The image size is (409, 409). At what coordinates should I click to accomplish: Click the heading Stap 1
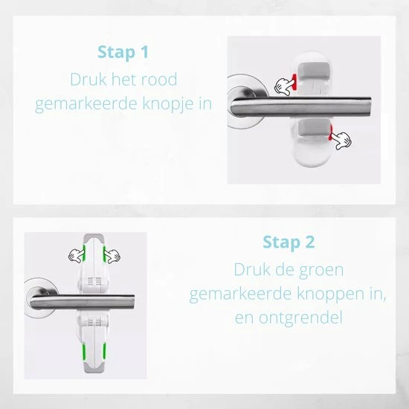123,52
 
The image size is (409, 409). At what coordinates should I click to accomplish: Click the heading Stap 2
289,242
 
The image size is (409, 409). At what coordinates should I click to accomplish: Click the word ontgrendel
300,318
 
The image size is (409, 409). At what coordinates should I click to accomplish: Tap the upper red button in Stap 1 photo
294,81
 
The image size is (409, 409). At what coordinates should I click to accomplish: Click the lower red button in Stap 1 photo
331,132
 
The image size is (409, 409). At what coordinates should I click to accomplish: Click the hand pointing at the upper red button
284,86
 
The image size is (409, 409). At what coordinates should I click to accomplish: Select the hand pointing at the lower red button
342,141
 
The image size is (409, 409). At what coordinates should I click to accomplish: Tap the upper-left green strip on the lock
84,253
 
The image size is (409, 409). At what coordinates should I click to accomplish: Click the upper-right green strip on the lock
104,254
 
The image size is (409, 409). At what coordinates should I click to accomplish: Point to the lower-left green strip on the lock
84,352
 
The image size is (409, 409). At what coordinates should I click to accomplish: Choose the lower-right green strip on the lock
104,352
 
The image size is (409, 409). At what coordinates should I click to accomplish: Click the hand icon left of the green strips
76,255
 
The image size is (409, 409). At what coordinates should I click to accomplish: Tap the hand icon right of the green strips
112,256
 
